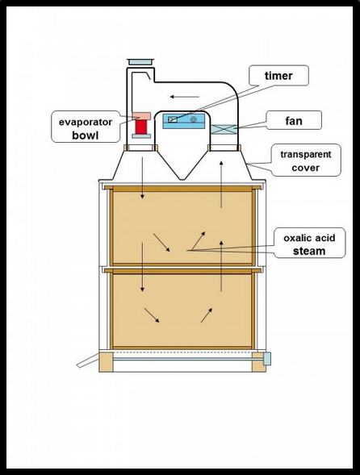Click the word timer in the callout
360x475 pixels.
pyautogui.click(x=278, y=76)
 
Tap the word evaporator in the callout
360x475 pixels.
pyautogui.click(x=86, y=122)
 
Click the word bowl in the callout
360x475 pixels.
pyautogui.click(x=86, y=135)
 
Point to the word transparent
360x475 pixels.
pyautogui.click(x=306, y=155)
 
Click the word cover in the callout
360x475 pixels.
pyautogui.click(x=305, y=168)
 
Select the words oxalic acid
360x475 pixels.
pyautogui.click(x=309, y=238)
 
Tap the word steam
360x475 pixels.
pyautogui.click(x=309, y=251)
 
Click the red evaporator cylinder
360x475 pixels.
pyautogui.click(x=141, y=127)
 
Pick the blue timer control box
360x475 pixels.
pyautogui.click(x=184, y=121)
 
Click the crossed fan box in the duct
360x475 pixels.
pyautogui.click(x=224, y=129)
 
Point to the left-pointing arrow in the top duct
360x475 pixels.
pyautogui.click(x=184, y=97)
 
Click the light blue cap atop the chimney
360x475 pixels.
pyautogui.click(x=140, y=62)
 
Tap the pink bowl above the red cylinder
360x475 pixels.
pyautogui.click(x=141, y=115)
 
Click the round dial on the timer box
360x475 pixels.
pyautogui.click(x=194, y=119)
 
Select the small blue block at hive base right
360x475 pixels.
pyautogui.click(x=267, y=359)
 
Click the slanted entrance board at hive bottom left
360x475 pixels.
pyautogui.click(x=88, y=360)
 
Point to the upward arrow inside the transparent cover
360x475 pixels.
pyautogui.click(x=221, y=184)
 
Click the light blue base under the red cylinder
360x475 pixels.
pyautogui.click(x=141, y=136)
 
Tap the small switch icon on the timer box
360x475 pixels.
pyautogui.click(x=173, y=119)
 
